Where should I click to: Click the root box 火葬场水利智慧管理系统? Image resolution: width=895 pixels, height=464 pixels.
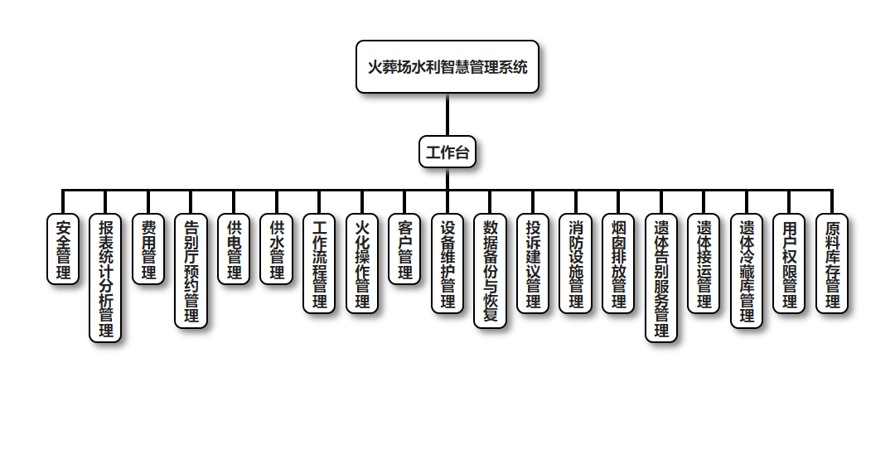click(447, 67)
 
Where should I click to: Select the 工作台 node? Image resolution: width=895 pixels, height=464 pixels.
click(447, 152)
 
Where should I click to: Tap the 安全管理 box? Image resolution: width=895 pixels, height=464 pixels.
click(63, 249)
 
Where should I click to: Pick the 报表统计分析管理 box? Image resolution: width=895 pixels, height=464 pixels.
click(106, 278)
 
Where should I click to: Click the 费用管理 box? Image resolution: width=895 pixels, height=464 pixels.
click(148, 249)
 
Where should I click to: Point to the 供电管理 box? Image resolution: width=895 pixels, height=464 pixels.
click(235, 249)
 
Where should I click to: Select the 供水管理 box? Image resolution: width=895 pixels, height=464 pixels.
click(277, 249)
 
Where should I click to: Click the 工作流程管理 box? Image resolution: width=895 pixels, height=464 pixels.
click(320, 263)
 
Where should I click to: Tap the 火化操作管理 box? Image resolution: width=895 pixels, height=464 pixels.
click(362, 263)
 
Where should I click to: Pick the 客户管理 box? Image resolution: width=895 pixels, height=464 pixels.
click(405, 249)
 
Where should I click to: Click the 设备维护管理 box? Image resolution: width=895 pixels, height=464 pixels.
click(447, 263)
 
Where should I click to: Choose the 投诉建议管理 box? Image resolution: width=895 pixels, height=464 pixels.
click(533, 263)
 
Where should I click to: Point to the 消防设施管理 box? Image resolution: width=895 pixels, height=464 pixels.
click(576, 263)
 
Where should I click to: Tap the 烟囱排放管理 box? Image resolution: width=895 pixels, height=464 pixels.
click(618, 263)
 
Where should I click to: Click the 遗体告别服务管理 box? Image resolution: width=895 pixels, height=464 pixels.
click(661, 278)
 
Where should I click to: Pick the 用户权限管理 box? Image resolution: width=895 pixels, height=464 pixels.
click(790, 263)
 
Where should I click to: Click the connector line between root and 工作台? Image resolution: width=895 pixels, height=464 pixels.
click(447, 115)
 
